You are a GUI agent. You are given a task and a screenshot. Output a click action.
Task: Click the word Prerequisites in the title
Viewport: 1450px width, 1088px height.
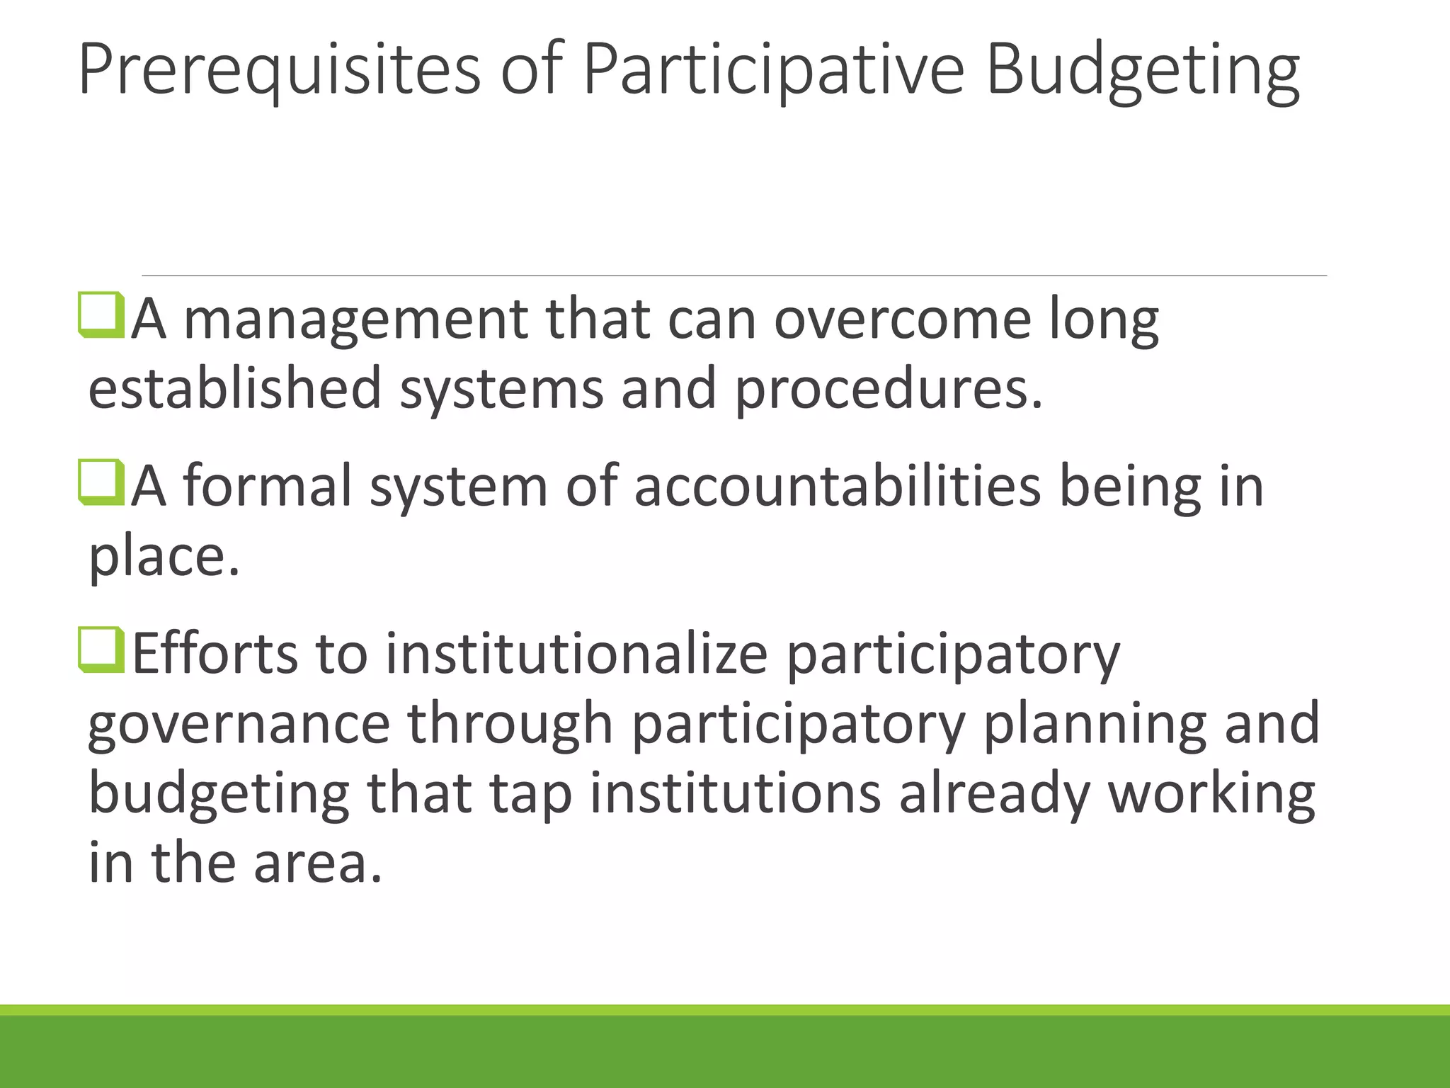coord(279,69)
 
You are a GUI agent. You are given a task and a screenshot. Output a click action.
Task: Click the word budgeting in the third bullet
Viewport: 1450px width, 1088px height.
coord(219,793)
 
